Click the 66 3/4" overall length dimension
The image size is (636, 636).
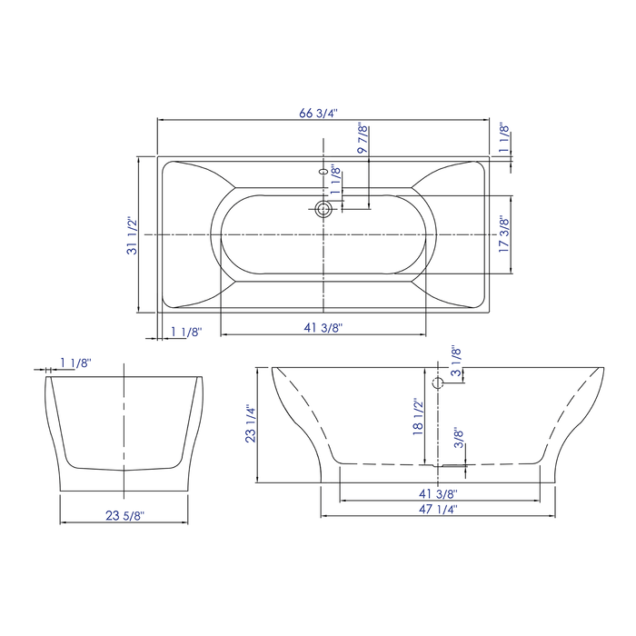[318, 114]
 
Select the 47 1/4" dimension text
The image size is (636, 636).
[438, 511]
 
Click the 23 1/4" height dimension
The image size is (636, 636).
[251, 423]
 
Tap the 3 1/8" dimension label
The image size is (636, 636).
[457, 364]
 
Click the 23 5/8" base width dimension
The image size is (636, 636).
[124, 515]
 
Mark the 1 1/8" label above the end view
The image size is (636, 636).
[75, 363]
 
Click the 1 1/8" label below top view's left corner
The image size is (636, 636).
[185, 332]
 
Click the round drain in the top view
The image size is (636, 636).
[323, 210]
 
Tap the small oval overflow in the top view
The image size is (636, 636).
[323, 170]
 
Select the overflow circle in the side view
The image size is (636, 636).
[438, 383]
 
